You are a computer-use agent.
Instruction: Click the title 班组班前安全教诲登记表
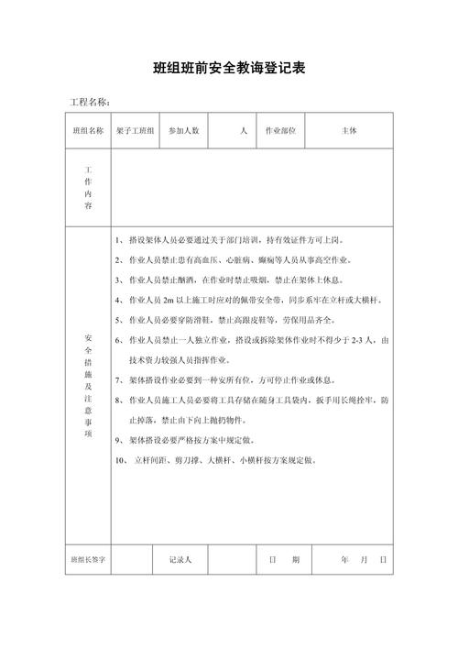point(229,68)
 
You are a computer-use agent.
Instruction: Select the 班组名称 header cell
point(88,131)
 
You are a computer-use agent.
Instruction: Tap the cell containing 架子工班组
point(136,131)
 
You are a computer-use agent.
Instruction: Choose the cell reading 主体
point(349,131)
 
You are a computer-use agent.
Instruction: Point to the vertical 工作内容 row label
point(88,189)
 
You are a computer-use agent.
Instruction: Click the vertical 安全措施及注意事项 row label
point(88,385)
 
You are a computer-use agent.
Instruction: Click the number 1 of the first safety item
point(119,240)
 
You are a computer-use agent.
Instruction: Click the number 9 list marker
point(119,439)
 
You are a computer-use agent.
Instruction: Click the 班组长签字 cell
point(88,558)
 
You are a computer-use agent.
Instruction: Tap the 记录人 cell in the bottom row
point(180,558)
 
